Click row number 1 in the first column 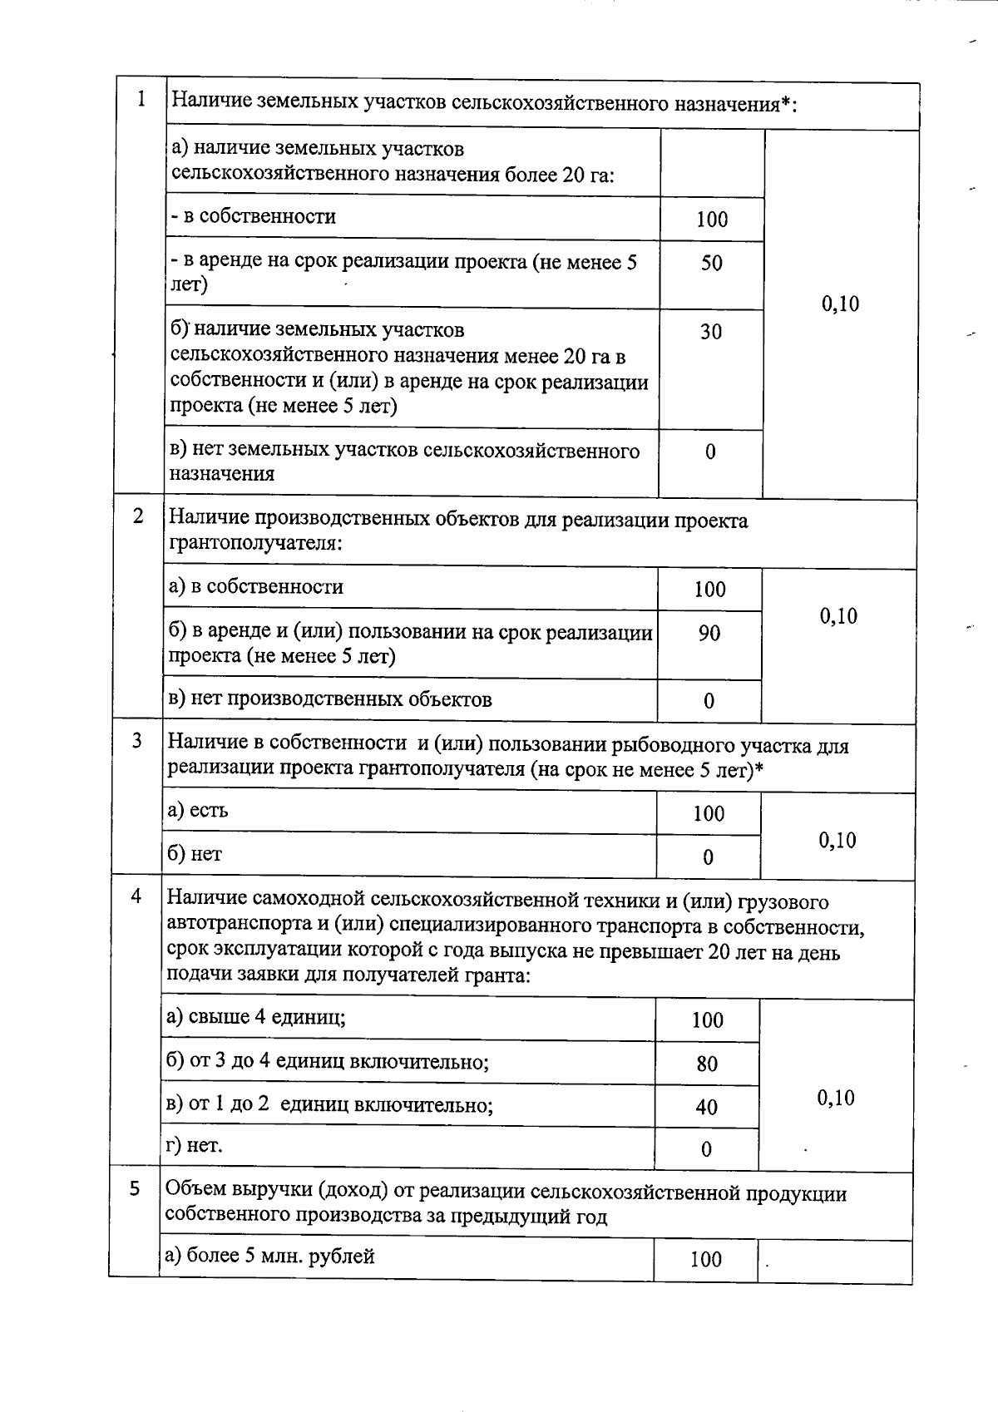pos(141,100)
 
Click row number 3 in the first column pos(137,741)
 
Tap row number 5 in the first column pos(135,1189)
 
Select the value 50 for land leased pos(712,264)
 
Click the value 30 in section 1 pos(711,332)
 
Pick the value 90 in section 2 pos(709,634)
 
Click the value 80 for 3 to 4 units pos(708,1064)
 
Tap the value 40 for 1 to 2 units pos(707,1107)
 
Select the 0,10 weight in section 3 pos(837,840)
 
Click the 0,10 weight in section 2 pos(838,616)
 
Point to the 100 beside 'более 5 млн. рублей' pos(706,1260)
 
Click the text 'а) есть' pos(198,810)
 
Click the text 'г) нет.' pos(195,1146)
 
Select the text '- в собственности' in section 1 pos(254,217)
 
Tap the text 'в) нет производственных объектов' pos(330,699)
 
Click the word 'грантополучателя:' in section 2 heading pos(255,544)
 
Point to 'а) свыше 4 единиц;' pos(256,1017)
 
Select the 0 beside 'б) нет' pos(708,857)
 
